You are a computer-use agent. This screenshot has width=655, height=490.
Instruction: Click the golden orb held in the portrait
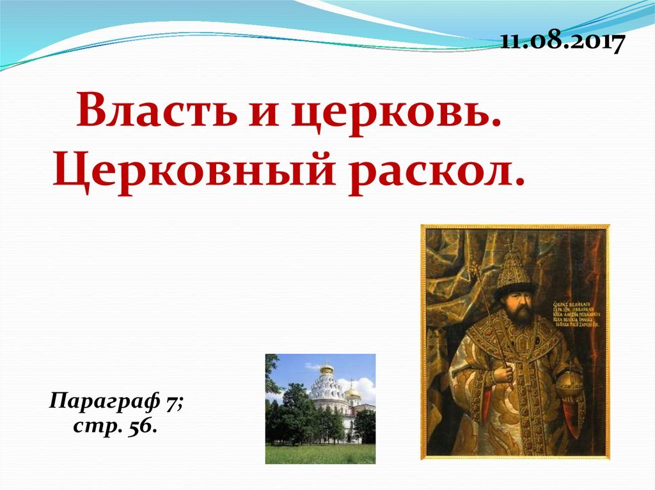point(571,384)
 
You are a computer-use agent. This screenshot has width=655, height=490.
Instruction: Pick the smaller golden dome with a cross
point(352,390)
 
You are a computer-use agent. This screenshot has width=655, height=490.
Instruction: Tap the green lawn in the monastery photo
point(320,454)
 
